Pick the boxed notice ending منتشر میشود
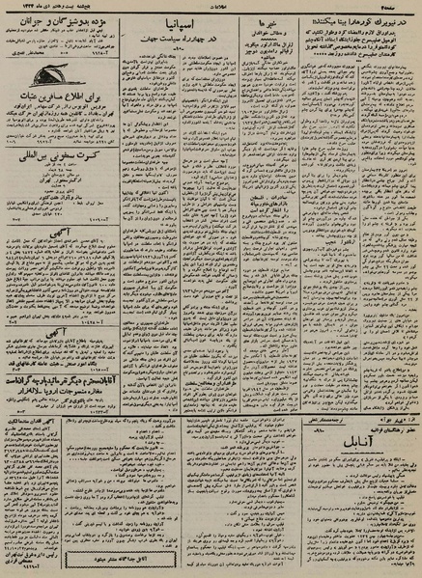click(188, 559)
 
